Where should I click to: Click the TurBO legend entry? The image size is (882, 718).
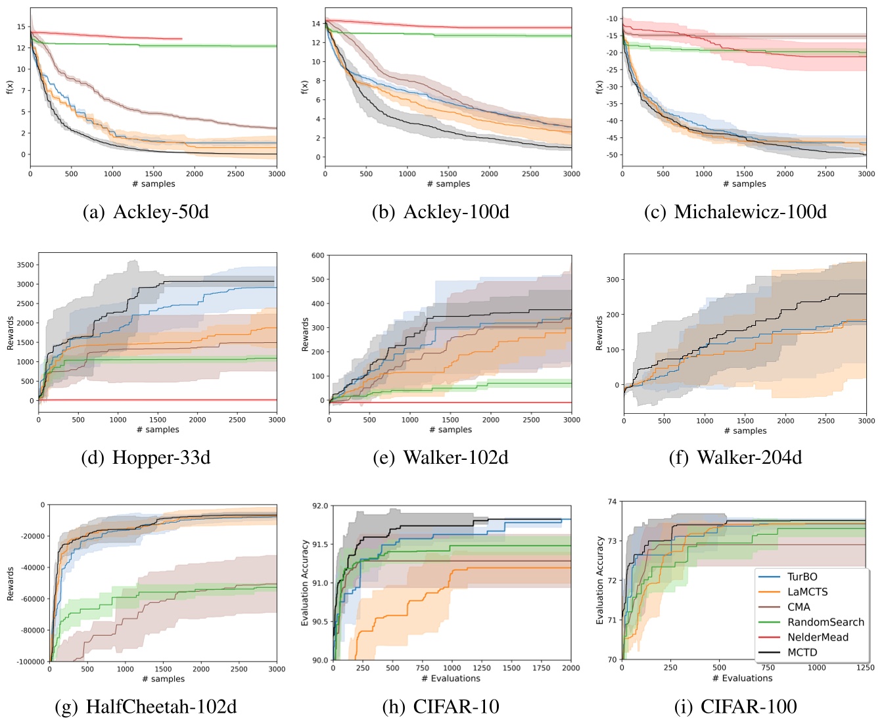click(802, 577)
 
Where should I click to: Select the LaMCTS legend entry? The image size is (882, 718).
click(807, 592)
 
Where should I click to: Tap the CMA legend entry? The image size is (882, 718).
click(799, 607)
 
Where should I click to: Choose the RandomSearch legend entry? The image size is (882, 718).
click(825, 622)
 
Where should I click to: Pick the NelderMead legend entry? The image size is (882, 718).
click(818, 637)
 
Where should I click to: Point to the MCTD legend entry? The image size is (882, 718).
click(802, 652)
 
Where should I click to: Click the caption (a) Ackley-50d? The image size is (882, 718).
click(146, 212)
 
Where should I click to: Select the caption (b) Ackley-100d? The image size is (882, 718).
click(440, 212)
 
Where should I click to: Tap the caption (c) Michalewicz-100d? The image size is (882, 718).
click(736, 212)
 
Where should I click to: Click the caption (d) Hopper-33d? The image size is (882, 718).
click(146, 457)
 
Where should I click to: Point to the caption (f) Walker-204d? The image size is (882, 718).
click(735, 457)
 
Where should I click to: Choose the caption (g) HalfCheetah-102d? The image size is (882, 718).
click(146, 707)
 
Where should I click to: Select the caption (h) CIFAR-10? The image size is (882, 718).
click(440, 707)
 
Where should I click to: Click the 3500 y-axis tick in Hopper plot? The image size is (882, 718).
click(25, 265)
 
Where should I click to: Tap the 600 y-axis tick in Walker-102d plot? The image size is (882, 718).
click(318, 256)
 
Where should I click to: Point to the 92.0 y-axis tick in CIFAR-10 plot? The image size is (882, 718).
click(320, 506)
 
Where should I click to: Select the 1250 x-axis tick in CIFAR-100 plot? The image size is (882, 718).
click(865, 667)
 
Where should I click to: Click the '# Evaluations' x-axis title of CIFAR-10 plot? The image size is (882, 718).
click(450, 679)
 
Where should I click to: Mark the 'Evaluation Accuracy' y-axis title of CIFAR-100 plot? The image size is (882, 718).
click(599, 581)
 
